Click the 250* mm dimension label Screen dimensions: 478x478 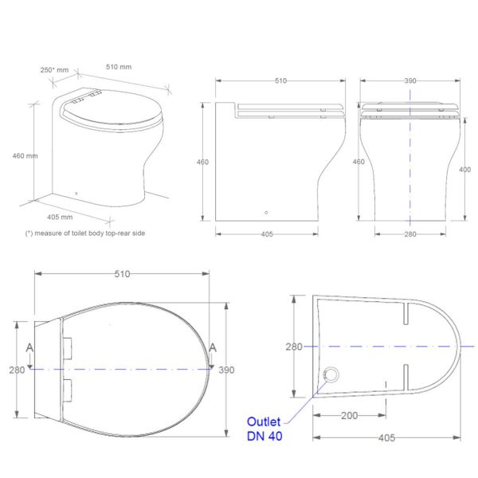click(54, 70)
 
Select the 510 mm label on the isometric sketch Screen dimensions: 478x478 click(119, 68)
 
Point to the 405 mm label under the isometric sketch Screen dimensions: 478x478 click(61, 216)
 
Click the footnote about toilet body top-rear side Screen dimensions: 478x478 click(85, 233)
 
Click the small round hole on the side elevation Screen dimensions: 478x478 click(266, 213)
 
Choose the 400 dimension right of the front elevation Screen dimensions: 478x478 click(466, 169)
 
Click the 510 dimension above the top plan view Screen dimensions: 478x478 click(121, 273)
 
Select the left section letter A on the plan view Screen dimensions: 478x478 click(29, 347)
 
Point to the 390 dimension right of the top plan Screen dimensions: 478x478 click(227, 370)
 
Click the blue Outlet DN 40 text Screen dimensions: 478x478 click(264, 429)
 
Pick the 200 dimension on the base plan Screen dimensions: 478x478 click(347, 416)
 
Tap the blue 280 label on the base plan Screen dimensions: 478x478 click(295, 347)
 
